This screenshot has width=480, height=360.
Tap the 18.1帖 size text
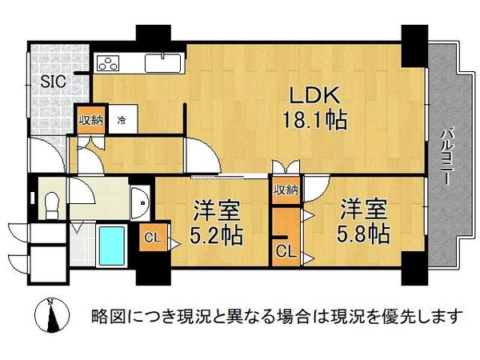click(x=314, y=122)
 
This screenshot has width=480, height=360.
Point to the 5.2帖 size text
click(x=217, y=236)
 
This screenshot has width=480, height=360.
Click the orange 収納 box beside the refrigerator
click(x=90, y=121)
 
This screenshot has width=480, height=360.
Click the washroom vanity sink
click(x=141, y=200)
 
